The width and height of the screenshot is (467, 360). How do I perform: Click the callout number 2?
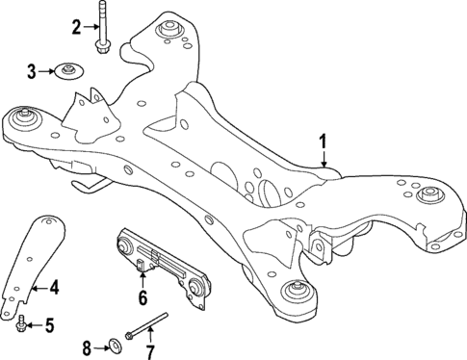point(77,27)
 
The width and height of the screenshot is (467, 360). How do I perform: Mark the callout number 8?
point(86,346)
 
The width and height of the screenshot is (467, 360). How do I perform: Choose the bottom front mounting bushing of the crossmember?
point(291,292)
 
